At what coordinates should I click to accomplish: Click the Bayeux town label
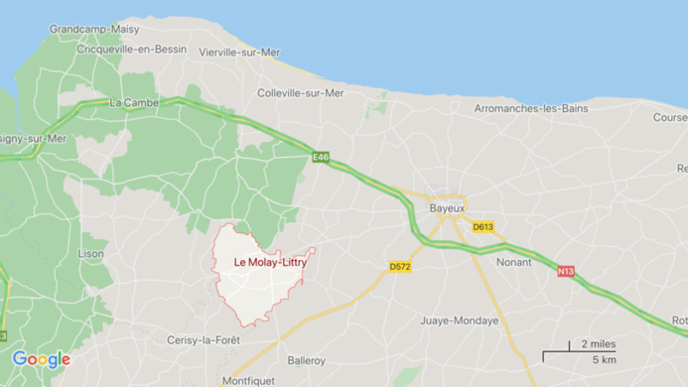pos(448,209)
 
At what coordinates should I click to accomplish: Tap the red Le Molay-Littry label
pos(270,262)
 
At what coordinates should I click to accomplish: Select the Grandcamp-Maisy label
pos(94,30)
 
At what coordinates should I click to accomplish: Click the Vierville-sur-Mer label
pos(239,52)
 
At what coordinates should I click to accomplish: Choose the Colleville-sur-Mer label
pos(301,93)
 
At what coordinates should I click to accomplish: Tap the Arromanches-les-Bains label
pos(531,107)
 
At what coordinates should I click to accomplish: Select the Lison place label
pos(91,254)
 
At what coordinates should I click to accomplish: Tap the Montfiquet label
pos(249,381)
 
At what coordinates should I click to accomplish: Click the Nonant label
pos(514,263)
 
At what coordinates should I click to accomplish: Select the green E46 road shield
pos(321,157)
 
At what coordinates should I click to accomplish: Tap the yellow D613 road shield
pos(482,227)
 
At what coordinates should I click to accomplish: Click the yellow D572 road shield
pos(400,267)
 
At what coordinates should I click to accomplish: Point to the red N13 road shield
pos(566,271)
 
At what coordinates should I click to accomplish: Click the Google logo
pos(41,359)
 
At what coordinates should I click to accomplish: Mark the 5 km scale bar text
pos(604,359)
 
